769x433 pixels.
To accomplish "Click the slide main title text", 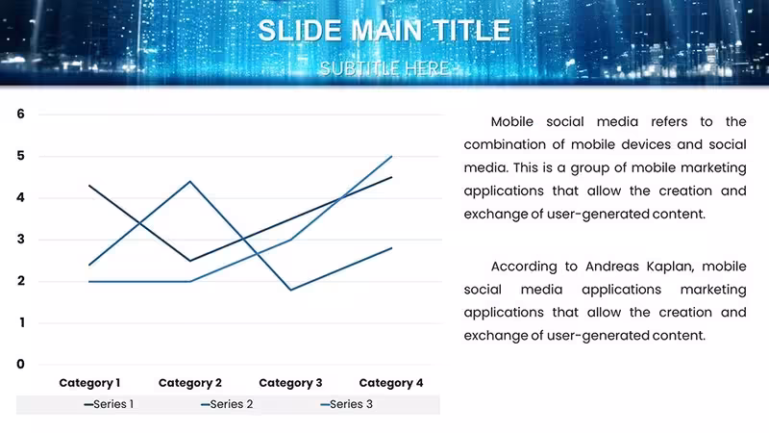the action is click(384, 31).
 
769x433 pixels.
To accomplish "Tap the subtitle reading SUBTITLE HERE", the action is click(384, 68).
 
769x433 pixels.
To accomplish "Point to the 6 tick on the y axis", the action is click(20, 114).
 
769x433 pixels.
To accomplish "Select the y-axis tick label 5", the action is click(20, 156).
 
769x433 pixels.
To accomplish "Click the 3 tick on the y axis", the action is click(20, 239).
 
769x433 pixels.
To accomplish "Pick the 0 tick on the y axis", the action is click(20, 365).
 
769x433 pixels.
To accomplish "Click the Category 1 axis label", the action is click(89, 383).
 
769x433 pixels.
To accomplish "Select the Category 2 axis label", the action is click(190, 383).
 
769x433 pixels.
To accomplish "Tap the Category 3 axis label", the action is click(291, 383).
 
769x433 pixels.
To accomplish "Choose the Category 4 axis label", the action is click(391, 383).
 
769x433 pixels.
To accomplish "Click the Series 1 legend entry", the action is click(109, 404).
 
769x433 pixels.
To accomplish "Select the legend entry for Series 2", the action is click(227, 404).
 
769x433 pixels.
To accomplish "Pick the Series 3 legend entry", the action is click(346, 404).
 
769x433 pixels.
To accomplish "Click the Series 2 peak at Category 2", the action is click(190, 182).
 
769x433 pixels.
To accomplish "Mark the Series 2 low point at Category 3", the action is click(291, 290).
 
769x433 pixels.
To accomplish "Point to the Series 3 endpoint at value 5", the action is click(391, 156).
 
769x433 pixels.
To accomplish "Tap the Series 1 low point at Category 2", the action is click(190, 261).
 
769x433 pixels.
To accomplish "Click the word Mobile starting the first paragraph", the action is click(512, 122).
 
